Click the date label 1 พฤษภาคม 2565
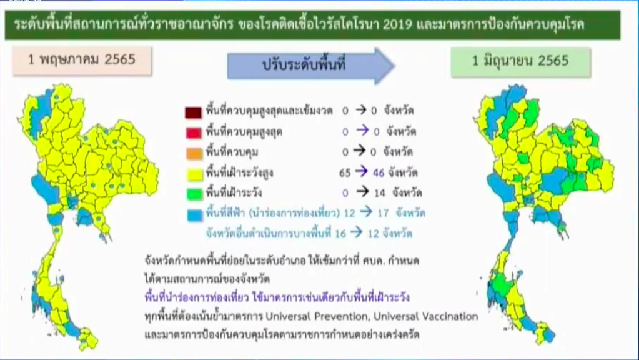click(x=82, y=60)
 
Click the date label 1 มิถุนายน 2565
click(x=520, y=61)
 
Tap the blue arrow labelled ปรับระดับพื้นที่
click(x=310, y=65)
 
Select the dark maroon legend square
click(x=193, y=112)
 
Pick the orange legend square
click(x=194, y=153)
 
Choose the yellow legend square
click(x=195, y=174)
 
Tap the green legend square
click(x=195, y=194)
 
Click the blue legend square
click(x=195, y=215)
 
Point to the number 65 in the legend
click(x=345, y=173)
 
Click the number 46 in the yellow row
click(x=378, y=173)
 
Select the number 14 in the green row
click(x=379, y=193)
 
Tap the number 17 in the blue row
click(x=383, y=213)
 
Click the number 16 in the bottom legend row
click(x=340, y=234)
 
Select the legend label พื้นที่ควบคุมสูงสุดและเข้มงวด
click(x=269, y=111)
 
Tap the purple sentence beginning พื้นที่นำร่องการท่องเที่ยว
click(x=277, y=297)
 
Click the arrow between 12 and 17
click(x=366, y=212)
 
